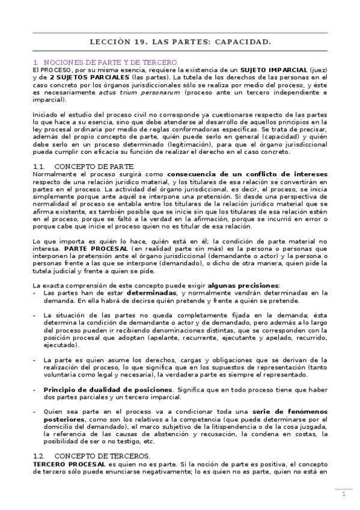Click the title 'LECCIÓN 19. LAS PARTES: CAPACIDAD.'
[180, 42]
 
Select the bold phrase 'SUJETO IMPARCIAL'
[277, 70]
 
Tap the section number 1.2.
[40, 456]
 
